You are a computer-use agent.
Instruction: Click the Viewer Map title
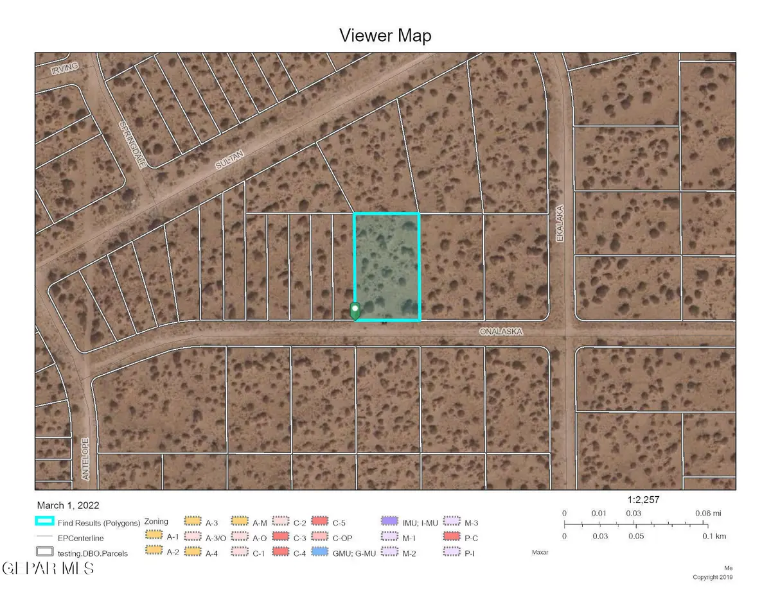(385, 36)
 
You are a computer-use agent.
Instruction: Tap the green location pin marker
(355, 311)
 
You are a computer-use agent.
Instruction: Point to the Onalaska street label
(501, 332)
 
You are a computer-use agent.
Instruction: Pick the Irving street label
(66, 67)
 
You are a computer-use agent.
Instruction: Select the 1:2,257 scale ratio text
(643, 499)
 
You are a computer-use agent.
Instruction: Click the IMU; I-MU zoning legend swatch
(388, 521)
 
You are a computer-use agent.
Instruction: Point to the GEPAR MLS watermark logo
(48, 568)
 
